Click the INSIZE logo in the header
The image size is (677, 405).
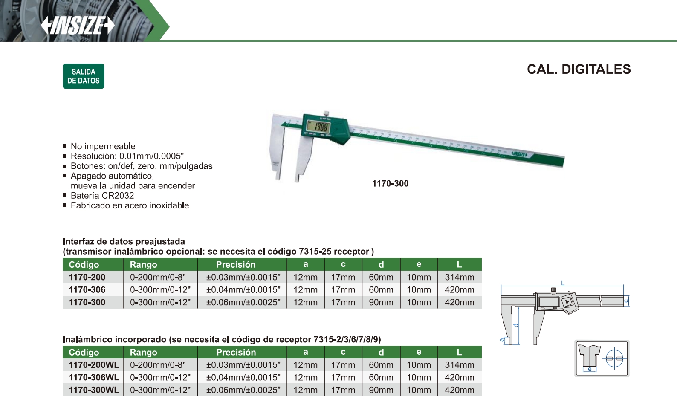tap(78, 26)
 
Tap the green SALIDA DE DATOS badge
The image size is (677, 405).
tap(84, 76)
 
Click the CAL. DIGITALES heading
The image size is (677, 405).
tap(579, 69)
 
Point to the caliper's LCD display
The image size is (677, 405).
tap(318, 127)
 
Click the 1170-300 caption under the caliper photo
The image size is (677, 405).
tap(390, 183)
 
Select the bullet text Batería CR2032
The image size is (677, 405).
tap(102, 196)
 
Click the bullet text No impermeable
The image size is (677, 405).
tap(103, 146)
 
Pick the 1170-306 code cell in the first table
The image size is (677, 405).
tap(87, 289)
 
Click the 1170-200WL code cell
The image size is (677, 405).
tap(94, 365)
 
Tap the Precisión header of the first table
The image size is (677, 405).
tap(236, 264)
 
